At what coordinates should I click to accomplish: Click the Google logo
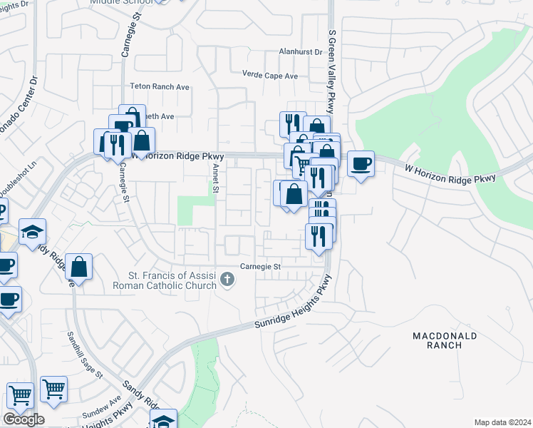tap(24, 419)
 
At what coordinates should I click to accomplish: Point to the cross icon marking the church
tap(227, 279)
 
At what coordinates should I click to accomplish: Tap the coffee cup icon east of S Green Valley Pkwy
tap(361, 164)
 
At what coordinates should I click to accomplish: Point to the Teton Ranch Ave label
tap(160, 86)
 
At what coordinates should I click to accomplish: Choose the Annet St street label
tap(216, 178)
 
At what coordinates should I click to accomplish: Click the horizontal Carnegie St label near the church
tap(261, 266)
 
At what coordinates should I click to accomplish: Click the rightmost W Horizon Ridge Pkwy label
tap(450, 173)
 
